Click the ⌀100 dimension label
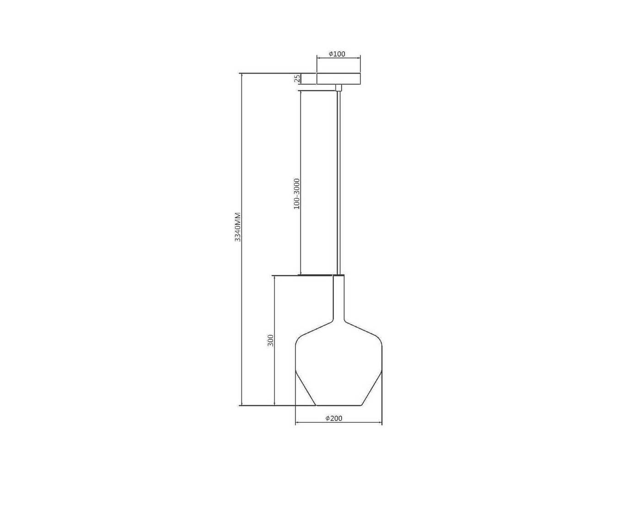pyautogui.click(x=337, y=54)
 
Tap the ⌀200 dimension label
pyautogui.click(x=334, y=418)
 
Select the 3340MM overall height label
pyautogui.click(x=238, y=227)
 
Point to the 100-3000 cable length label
pyautogui.click(x=296, y=194)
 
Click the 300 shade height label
pyautogui.click(x=270, y=340)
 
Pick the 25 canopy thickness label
pyautogui.click(x=297, y=79)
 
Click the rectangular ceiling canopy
pyautogui.click(x=338, y=79)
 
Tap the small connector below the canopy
pyautogui.click(x=338, y=87)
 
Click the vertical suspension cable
pyautogui.click(x=338, y=183)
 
